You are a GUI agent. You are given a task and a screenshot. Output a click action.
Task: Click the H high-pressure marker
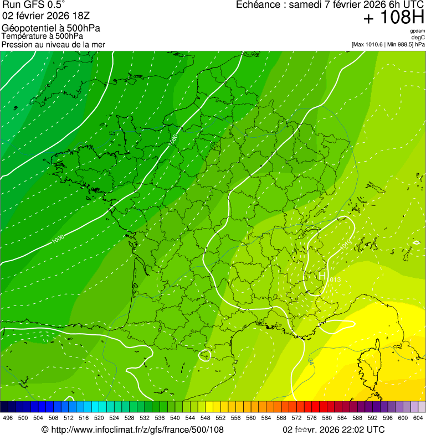point(322,275)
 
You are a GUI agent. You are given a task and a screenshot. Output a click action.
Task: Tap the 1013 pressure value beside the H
point(335,281)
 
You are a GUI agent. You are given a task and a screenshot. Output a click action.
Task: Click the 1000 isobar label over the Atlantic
point(57,239)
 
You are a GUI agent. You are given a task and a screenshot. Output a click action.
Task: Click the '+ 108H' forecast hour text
point(393,18)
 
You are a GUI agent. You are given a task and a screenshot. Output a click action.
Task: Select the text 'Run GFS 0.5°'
point(34,5)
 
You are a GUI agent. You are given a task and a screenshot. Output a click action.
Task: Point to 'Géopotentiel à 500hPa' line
point(51,28)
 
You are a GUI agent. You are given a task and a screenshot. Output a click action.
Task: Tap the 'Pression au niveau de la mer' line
point(53,44)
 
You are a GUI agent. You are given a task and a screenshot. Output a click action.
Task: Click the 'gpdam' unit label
point(417,31)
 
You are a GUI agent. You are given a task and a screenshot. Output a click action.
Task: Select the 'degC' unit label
point(418,38)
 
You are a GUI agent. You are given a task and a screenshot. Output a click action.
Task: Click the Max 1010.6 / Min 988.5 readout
point(388,44)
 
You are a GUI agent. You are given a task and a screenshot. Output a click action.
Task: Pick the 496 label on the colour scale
point(8,418)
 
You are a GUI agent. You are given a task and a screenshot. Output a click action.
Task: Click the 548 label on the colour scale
point(205,418)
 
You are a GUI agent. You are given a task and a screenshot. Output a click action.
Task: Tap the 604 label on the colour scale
point(418,418)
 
